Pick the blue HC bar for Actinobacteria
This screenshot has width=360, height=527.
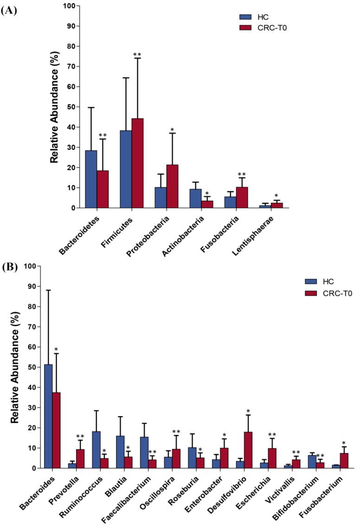(x=195, y=198)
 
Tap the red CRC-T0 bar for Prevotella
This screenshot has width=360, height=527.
(x=80, y=459)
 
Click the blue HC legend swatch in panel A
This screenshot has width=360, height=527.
(x=244, y=17)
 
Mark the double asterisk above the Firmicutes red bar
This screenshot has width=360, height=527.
(x=137, y=55)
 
